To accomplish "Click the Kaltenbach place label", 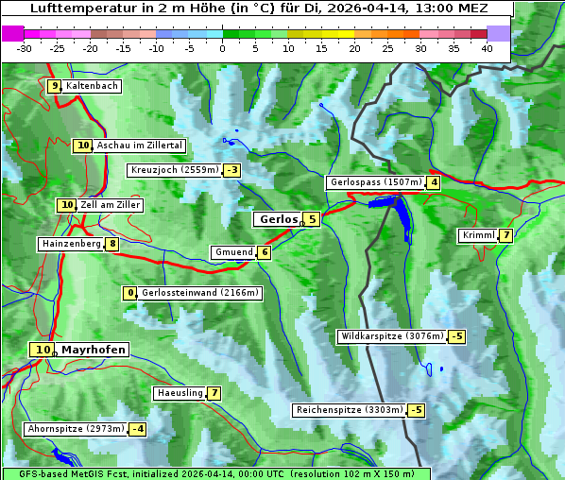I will (x=92, y=86).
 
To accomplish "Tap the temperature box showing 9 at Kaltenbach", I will (x=54, y=86).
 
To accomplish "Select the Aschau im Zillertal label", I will (x=140, y=146).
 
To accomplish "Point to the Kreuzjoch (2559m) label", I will (x=174, y=170).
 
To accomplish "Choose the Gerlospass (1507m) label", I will (x=375, y=182).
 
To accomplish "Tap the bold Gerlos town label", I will (x=278, y=219).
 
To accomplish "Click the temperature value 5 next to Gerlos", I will (x=312, y=219).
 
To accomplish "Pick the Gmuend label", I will (x=232, y=252).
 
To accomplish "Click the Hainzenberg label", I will (x=70, y=244).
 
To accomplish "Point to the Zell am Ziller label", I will (x=111, y=205).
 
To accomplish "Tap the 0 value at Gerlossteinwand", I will (x=131, y=293).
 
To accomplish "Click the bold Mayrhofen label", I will (x=93, y=350).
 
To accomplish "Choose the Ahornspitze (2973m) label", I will (x=76, y=429).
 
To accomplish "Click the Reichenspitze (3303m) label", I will (x=350, y=410).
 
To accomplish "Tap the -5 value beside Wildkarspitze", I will (x=457, y=336).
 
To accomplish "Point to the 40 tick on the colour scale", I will (x=487, y=48).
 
